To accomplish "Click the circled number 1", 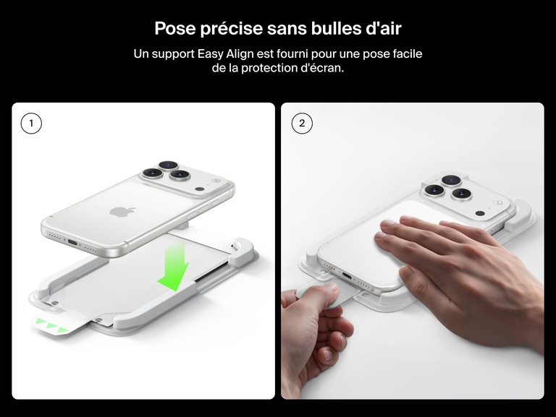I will click(x=31, y=124).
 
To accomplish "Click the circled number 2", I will click(x=301, y=124).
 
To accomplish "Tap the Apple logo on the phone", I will click(x=118, y=212).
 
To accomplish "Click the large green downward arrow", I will click(x=174, y=267).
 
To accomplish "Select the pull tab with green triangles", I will click(x=51, y=326).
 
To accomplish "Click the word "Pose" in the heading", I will click(x=174, y=29).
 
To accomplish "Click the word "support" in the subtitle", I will click(x=174, y=54).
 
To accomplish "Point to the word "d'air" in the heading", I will click(x=382, y=29).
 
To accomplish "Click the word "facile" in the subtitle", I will click(x=406, y=54).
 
